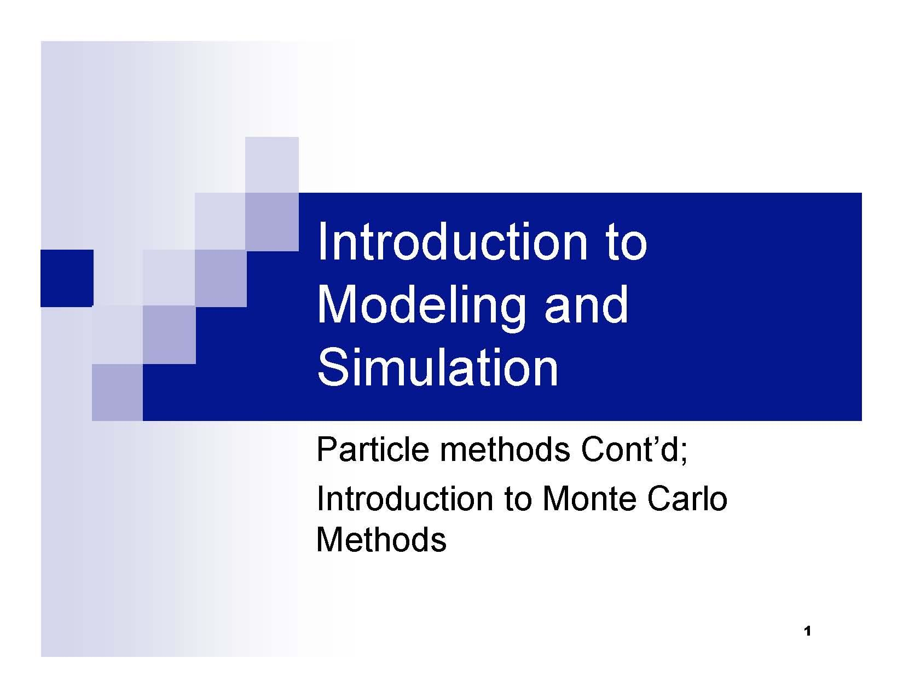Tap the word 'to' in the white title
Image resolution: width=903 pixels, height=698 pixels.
pyautogui.click(x=626, y=244)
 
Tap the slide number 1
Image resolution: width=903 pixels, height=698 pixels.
pyautogui.click(x=807, y=631)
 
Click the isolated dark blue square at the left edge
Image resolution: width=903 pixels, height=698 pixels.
pyautogui.click(x=66, y=278)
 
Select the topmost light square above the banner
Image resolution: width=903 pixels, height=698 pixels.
pyautogui.click(x=272, y=165)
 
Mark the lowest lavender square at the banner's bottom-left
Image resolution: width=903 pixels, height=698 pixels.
pyautogui.click(x=117, y=393)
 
